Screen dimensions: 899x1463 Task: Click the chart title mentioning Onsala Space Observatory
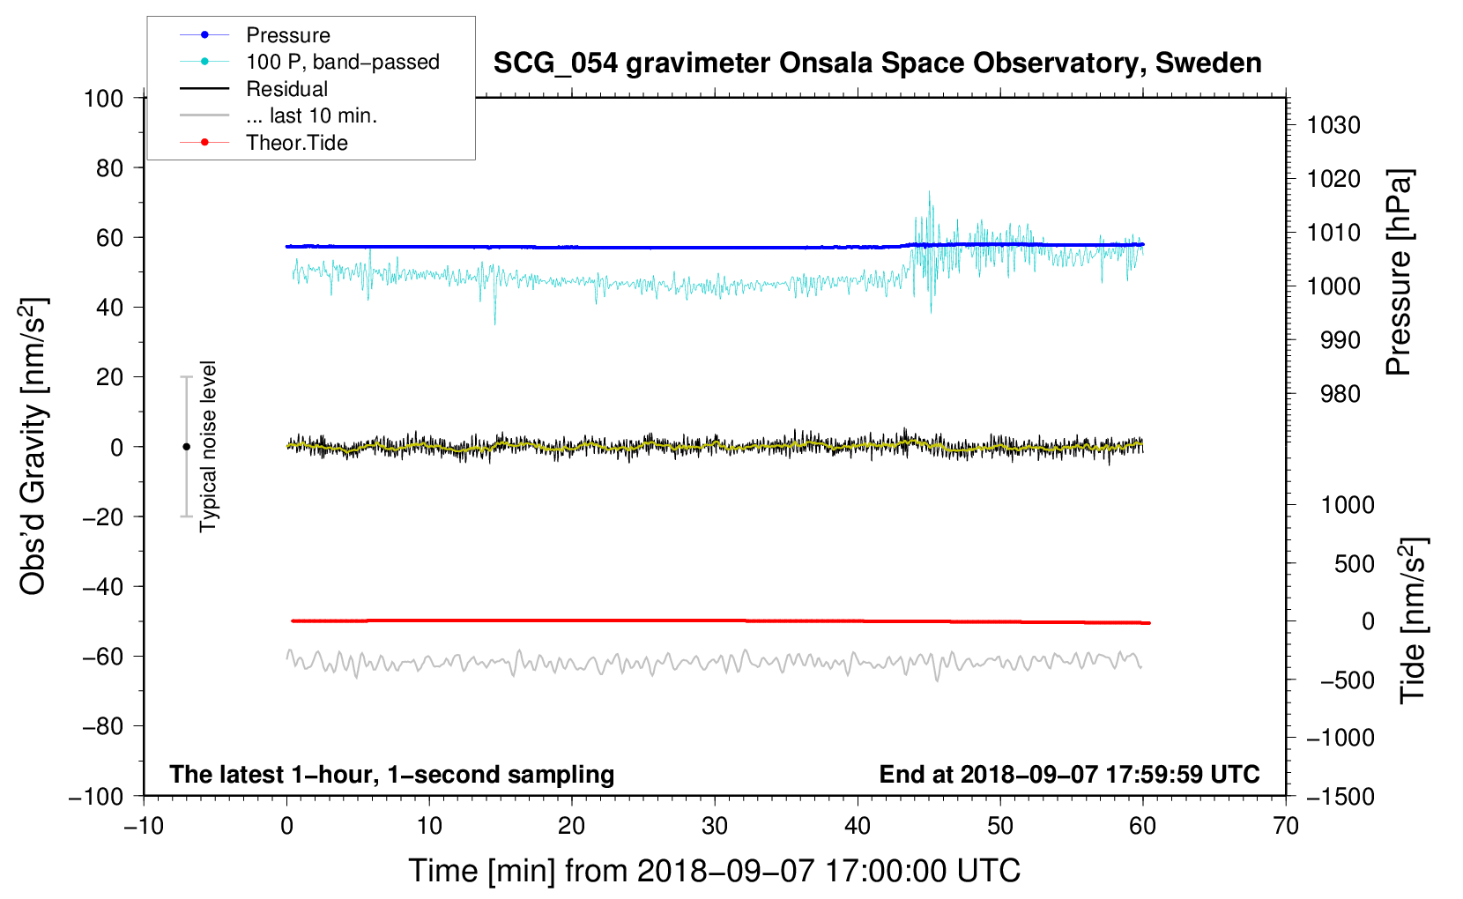pos(877,63)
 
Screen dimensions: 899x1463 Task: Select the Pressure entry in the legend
pos(288,35)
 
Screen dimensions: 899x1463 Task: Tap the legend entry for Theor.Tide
pos(297,143)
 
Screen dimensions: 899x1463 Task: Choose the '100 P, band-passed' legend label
pos(343,62)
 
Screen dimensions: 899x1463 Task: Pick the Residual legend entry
pos(287,89)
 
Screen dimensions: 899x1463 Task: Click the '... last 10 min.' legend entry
pos(311,115)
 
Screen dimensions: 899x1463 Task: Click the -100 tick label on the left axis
pos(96,796)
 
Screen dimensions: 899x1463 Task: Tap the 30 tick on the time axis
pos(715,826)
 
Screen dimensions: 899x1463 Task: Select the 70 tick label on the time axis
pos(1286,826)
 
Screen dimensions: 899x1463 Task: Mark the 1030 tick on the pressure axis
pos(1333,125)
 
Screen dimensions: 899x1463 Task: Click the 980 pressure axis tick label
pos(1340,394)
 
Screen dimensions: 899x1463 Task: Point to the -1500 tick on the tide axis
pos(1340,796)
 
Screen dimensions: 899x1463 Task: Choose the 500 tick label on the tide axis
pos(1354,563)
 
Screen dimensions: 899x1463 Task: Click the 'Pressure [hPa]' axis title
pos(1399,272)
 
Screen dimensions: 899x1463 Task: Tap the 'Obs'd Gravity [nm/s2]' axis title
pos(33,446)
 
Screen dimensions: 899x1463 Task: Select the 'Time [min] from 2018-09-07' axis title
pos(714,871)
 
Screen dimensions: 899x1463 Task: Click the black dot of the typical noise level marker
pos(186,447)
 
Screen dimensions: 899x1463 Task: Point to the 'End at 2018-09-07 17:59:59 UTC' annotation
pos(1069,774)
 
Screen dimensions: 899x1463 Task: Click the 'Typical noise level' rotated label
pos(208,446)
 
